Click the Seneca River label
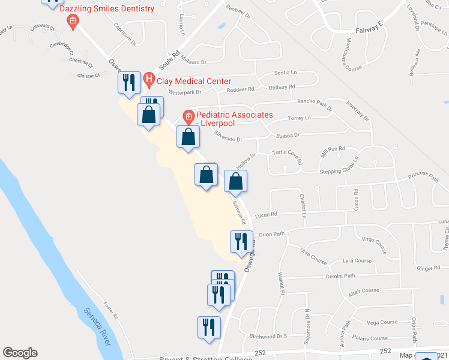pos(96,326)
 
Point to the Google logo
pos(20,353)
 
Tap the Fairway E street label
pos(369,29)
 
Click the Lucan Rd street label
pos(265,214)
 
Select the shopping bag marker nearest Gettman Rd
pos(235,181)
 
